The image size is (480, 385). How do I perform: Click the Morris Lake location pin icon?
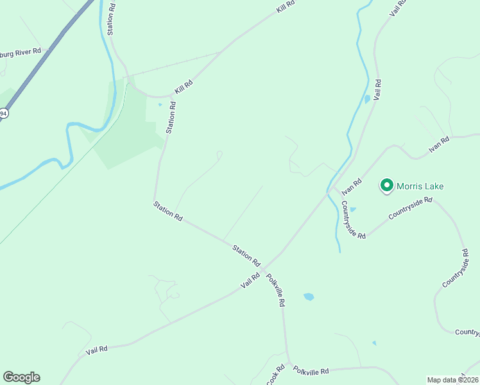tap(387, 185)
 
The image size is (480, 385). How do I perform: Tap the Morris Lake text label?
tap(420, 187)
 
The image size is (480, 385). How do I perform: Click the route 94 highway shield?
tap(3, 114)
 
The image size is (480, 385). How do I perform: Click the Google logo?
tap(21, 377)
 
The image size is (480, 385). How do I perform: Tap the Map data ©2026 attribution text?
tap(452, 380)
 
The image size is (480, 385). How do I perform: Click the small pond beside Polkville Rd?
tap(309, 297)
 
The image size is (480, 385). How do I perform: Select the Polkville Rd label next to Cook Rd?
tap(311, 371)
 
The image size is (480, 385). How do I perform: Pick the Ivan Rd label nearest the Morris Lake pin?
tap(352, 187)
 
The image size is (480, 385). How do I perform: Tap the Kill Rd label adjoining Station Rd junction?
tap(184, 88)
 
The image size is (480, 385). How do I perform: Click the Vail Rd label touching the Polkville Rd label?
tap(250, 280)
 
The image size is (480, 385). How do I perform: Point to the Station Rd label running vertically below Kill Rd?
tap(171, 117)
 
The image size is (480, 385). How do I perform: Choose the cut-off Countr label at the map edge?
tap(467, 332)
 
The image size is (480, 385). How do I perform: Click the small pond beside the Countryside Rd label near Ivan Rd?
tap(353, 209)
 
